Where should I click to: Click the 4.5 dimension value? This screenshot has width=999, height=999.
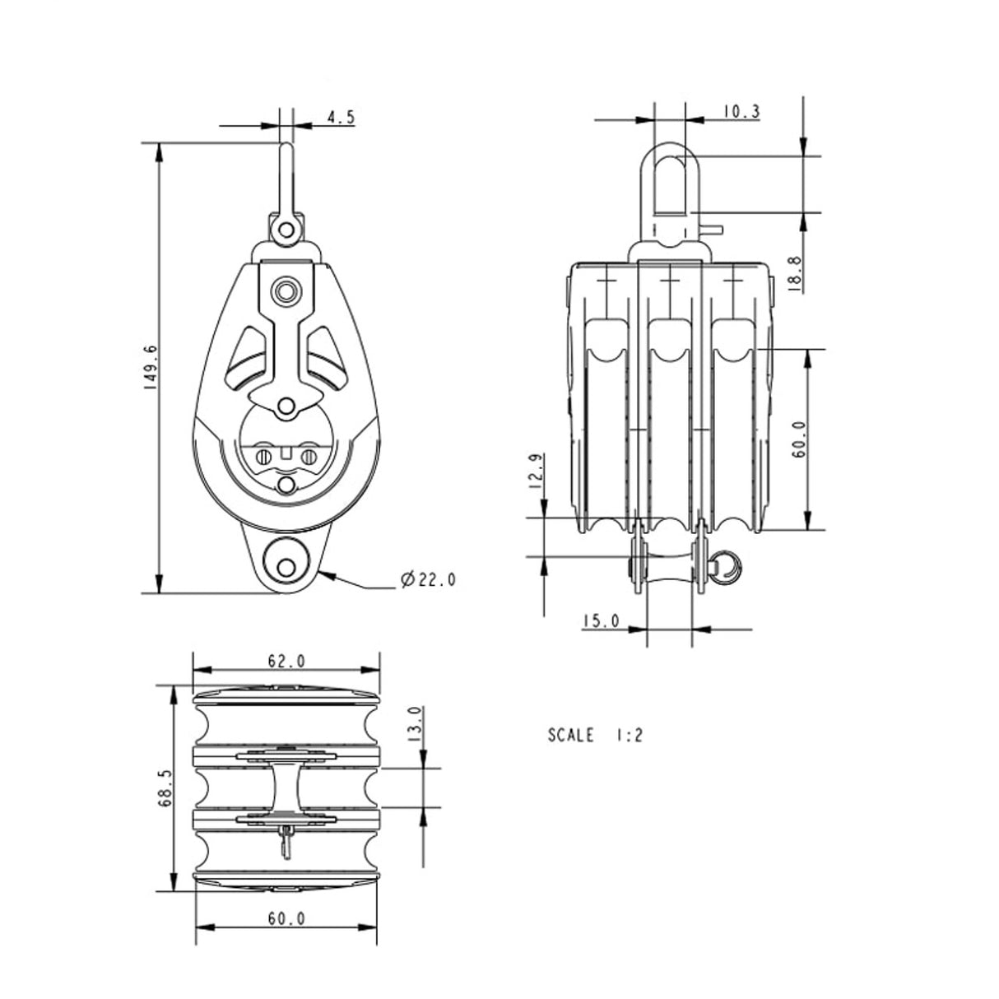pyautogui.click(x=340, y=117)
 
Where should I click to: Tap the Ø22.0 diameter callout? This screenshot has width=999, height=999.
pyautogui.click(x=427, y=581)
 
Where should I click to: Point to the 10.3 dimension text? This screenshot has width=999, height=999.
pyautogui.click(x=741, y=112)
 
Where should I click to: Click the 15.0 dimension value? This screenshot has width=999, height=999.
pyautogui.click(x=600, y=621)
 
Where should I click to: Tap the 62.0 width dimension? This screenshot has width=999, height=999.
pyautogui.click(x=286, y=661)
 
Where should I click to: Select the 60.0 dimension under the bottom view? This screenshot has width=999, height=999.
pyautogui.click(x=286, y=919)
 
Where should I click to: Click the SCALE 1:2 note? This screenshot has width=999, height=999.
pyautogui.click(x=594, y=735)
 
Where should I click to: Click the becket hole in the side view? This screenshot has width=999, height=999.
pyautogui.click(x=286, y=567)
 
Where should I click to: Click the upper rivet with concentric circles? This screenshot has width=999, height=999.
pyautogui.click(x=286, y=290)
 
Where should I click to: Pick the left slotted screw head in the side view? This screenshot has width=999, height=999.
pyautogui.click(x=263, y=457)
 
